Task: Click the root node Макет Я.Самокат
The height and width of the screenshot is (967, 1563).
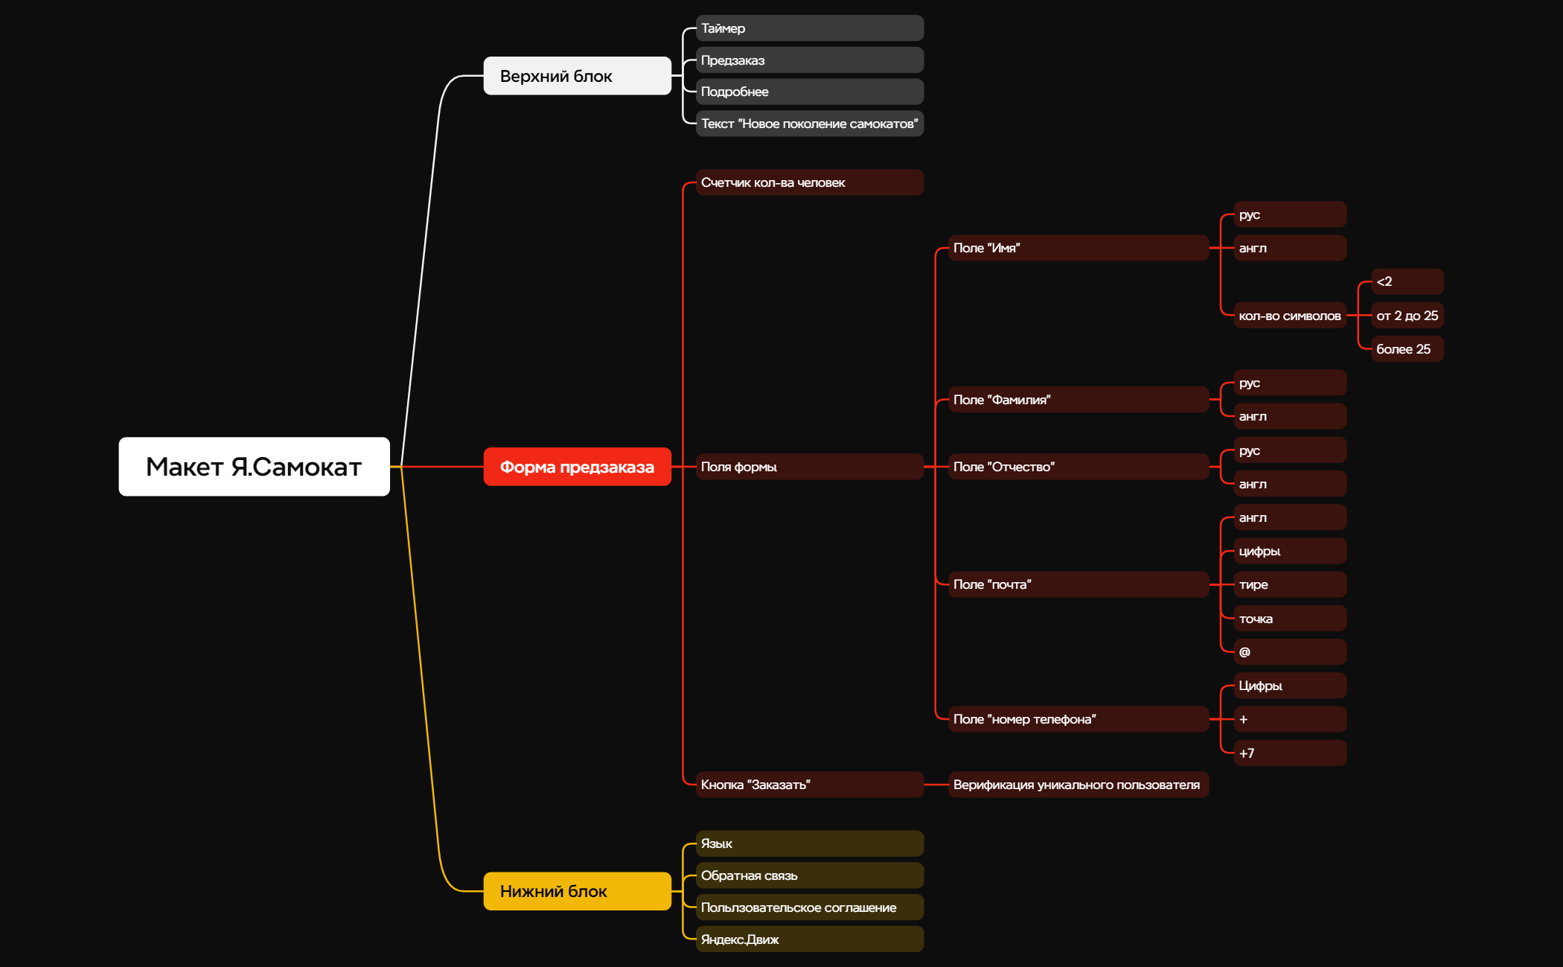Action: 254,467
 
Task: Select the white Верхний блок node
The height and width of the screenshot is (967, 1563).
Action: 578,76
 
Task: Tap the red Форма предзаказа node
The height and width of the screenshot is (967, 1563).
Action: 578,467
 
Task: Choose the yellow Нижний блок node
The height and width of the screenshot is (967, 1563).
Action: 578,891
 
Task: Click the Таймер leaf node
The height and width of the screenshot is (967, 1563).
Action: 810,28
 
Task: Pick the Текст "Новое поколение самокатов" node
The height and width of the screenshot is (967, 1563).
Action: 810,124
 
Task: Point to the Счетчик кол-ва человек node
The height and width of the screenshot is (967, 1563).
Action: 810,182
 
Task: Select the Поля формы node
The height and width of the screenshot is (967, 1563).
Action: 810,467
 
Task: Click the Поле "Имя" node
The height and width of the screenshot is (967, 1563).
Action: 1078,248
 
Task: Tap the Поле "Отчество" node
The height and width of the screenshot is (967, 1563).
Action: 1078,467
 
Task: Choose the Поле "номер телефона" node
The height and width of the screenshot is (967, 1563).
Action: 1078,719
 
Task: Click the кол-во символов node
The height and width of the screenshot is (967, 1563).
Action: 1290,316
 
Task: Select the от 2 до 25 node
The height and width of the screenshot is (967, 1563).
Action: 1407,316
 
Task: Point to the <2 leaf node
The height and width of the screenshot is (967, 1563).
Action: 1407,281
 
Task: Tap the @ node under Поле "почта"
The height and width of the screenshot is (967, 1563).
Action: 1290,652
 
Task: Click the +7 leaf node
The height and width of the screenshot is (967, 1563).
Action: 1290,753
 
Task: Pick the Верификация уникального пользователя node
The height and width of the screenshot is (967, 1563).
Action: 1078,785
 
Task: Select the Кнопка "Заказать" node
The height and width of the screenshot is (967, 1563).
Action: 810,785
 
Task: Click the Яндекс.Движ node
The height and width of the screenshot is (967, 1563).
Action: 810,939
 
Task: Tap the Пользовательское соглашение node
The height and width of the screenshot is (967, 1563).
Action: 810,907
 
